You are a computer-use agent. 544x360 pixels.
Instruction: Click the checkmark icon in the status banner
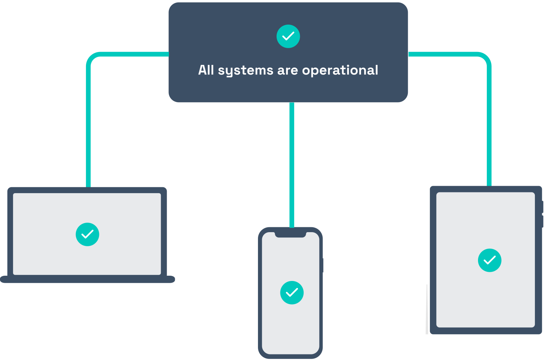point(288,36)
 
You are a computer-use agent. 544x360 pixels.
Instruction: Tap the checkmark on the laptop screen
point(87,234)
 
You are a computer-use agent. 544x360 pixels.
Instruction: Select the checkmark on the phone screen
point(292,293)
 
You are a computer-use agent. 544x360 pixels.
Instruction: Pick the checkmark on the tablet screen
point(490,260)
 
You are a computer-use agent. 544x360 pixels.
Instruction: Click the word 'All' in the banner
point(206,70)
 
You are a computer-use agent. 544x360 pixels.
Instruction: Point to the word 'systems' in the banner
point(245,71)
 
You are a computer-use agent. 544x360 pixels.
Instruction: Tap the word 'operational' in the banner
point(340,71)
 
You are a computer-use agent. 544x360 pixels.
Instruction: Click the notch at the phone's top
point(290,235)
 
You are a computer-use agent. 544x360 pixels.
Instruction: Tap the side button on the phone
point(323,265)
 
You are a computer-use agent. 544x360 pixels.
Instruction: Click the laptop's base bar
point(87,280)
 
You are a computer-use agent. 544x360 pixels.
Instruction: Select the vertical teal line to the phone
point(292,165)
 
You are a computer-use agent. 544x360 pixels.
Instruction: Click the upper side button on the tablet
point(543,207)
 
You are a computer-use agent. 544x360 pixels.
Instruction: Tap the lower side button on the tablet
point(543,222)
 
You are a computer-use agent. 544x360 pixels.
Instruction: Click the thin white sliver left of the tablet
point(427,309)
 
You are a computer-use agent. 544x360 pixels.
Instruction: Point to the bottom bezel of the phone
point(290,356)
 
